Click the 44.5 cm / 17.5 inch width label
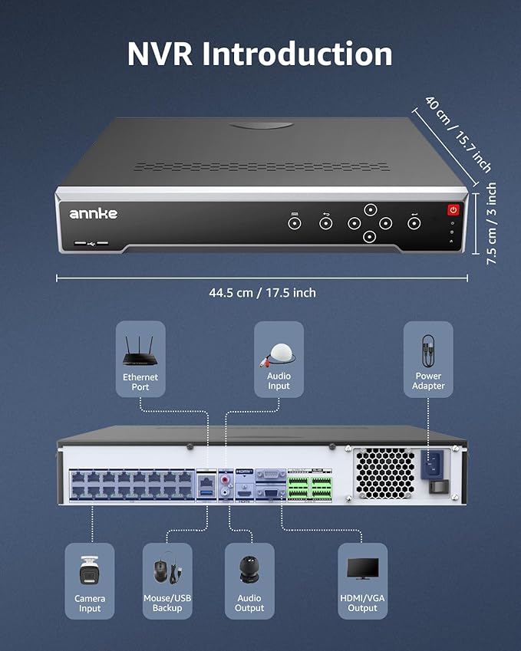(262, 292)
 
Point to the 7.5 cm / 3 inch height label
(492, 223)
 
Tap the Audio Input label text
(279, 381)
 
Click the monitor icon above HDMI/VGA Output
(362, 569)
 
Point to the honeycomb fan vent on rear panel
(384, 473)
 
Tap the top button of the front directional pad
(370, 209)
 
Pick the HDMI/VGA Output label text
(362, 603)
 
